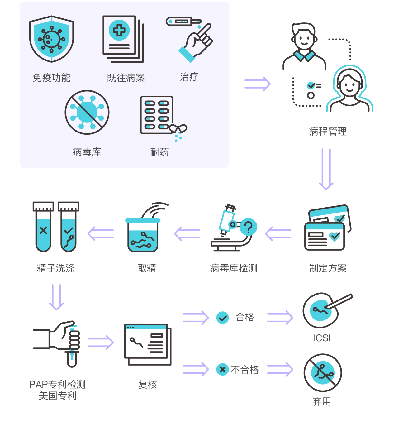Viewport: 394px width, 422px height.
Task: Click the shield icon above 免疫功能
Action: click(51, 39)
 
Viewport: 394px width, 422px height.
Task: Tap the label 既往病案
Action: click(126, 78)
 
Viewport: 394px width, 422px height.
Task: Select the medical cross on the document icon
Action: click(119, 30)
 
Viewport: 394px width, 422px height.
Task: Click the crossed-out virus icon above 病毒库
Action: click(87, 113)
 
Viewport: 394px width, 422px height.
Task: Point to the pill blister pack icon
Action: click(157, 115)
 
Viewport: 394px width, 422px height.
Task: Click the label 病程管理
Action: click(328, 131)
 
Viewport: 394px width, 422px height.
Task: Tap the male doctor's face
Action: click(304, 39)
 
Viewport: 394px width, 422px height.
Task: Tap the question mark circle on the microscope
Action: click(248, 227)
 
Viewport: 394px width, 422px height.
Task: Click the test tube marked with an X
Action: click(43, 227)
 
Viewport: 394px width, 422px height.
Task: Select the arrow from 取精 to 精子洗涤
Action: click(101, 234)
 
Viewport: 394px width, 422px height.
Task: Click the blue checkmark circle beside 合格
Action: click(222, 318)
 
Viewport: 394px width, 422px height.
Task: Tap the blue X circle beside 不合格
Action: click(222, 370)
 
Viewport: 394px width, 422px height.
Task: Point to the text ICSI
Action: click(321, 338)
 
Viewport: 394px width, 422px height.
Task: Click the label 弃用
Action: click(322, 401)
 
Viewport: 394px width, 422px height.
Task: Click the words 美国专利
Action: click(58, 396)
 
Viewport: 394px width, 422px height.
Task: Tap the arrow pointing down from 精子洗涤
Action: click(57, 297)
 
